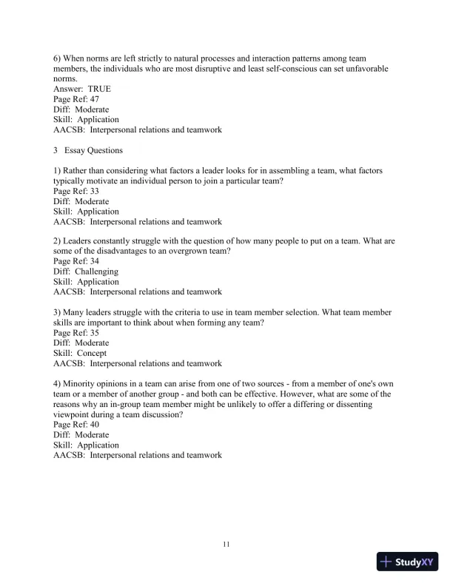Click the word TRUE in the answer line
click(99, 89)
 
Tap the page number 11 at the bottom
click(226, 545)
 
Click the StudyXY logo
click(406, 562)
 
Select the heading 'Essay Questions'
click(95, 150)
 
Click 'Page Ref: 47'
click(76, 99)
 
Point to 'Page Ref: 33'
click(76, 191)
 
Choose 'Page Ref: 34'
click(76, 262)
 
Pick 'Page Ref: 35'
click(76, 333)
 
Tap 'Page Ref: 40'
click(76, 425)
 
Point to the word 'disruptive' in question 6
click(224, 68)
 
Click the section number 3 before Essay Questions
click(56, 150)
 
